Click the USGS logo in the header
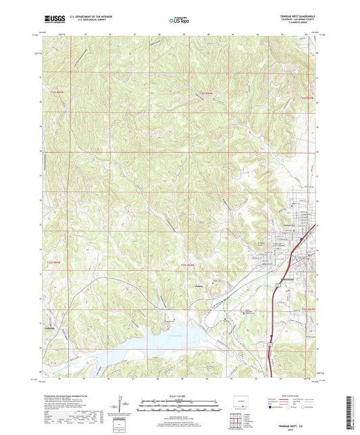53,18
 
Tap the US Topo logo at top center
180,20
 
